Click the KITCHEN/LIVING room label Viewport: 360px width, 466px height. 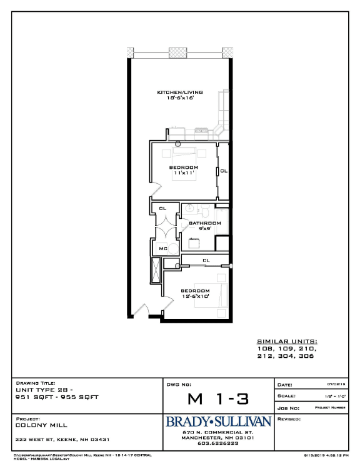pyautogui.click(x=180, y=93)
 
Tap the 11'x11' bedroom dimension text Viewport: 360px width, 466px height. pyautogui.click(x=184, y=174)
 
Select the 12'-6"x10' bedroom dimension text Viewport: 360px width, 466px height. pyautogui.click(x=195, y=296)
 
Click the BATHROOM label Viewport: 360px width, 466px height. pyautogui.click(x=206, y=223)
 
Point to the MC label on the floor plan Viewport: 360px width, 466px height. pyautogui.click(x=162, y=249)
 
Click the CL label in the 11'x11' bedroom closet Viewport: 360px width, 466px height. pyautogui.click(x=224, y=171)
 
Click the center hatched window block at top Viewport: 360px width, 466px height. pyautogui.click(x=178, y=53)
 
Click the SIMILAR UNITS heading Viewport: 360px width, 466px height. pyautogui.click(x=287, y=342)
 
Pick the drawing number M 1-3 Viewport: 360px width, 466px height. pyautogui.click(x=217, y=398)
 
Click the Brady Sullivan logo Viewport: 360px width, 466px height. pyautogui.click(x=218, y=423)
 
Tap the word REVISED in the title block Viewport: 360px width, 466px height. pyautogui.click(x=290, y=418)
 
